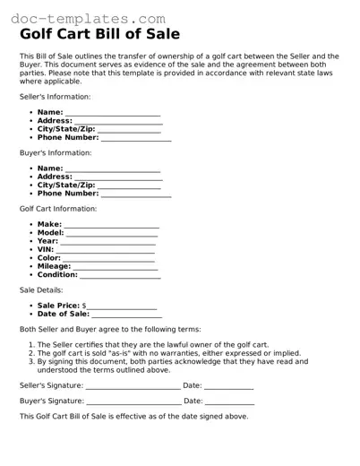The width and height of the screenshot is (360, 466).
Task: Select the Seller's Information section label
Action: [55, 96]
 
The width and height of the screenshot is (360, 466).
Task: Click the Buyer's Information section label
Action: [55, 152]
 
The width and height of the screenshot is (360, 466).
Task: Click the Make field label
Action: [49, 224]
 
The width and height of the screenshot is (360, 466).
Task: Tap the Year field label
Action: [47, 241]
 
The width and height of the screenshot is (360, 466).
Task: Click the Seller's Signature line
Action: [133, 386]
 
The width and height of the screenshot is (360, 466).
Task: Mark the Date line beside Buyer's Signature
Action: [228, 401]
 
